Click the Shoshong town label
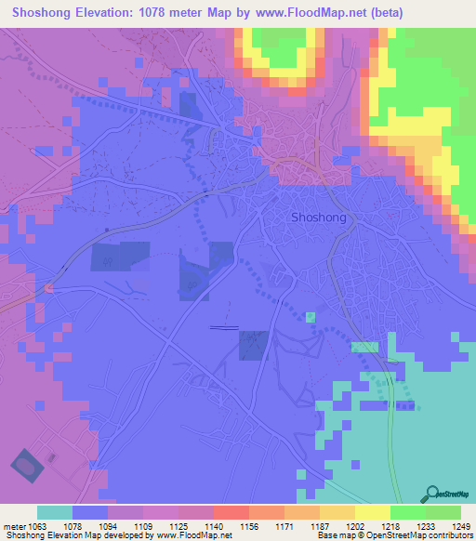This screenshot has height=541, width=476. (x=318, y=218)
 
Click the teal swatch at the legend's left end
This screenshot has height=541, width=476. (x=55, y=512)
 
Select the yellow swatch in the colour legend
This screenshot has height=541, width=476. (x=373, y=512)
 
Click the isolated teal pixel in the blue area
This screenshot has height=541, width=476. (x=311, y=317)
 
